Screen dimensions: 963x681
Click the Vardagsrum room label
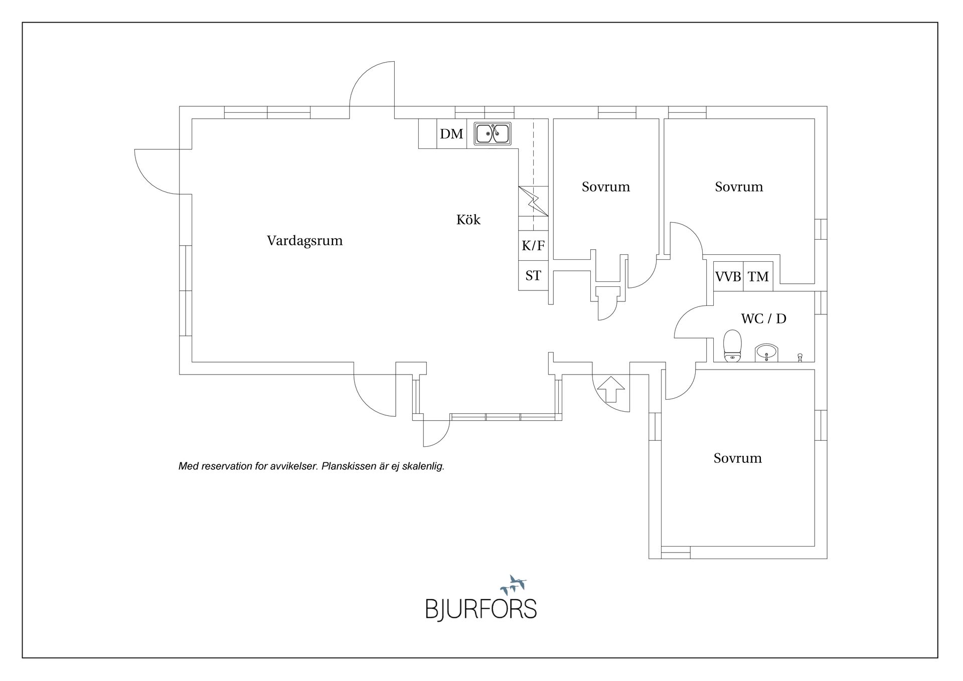(304, 241)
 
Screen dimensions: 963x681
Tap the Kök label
(468, 220)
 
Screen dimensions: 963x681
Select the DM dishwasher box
(451, 134)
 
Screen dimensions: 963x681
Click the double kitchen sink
(493, 134)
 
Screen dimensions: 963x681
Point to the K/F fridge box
(533, 246)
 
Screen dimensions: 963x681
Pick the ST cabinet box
(533, 276)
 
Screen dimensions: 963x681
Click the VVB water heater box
(728, 276)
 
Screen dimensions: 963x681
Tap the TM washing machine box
(758, 276)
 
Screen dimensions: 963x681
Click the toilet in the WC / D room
(733, 346)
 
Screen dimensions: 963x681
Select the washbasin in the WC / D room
(766, 353)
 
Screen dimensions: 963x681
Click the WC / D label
(763, 318)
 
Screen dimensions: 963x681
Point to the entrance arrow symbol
(611, 389)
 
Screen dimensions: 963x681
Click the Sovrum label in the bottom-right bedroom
(737, 458)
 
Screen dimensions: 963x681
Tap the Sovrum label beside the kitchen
(605, 187)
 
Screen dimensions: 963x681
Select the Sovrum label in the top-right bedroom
(739, 187)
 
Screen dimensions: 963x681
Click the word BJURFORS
(481, 609)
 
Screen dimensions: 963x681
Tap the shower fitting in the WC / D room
(800, 358)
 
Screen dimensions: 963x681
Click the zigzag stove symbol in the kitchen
(533, 201)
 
